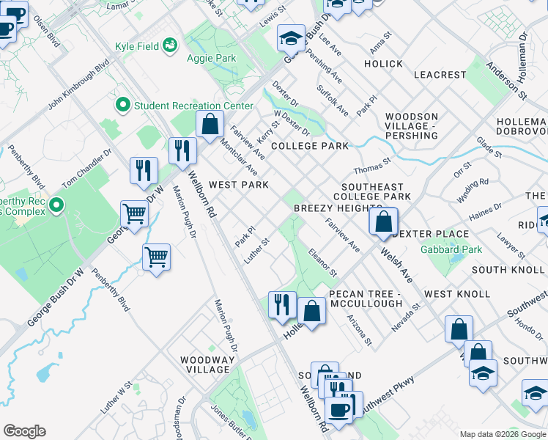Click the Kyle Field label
pos(137,46)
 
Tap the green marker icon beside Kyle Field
pos(171,46)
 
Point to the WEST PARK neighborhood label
pos(238,185)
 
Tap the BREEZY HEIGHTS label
pos(328,209)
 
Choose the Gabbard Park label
pos(451,249)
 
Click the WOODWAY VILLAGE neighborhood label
pos(208,364)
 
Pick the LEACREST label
pos(440,75)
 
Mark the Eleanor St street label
pos(322,262)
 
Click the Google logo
pos(24,431)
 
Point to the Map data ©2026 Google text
pos(502,434)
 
